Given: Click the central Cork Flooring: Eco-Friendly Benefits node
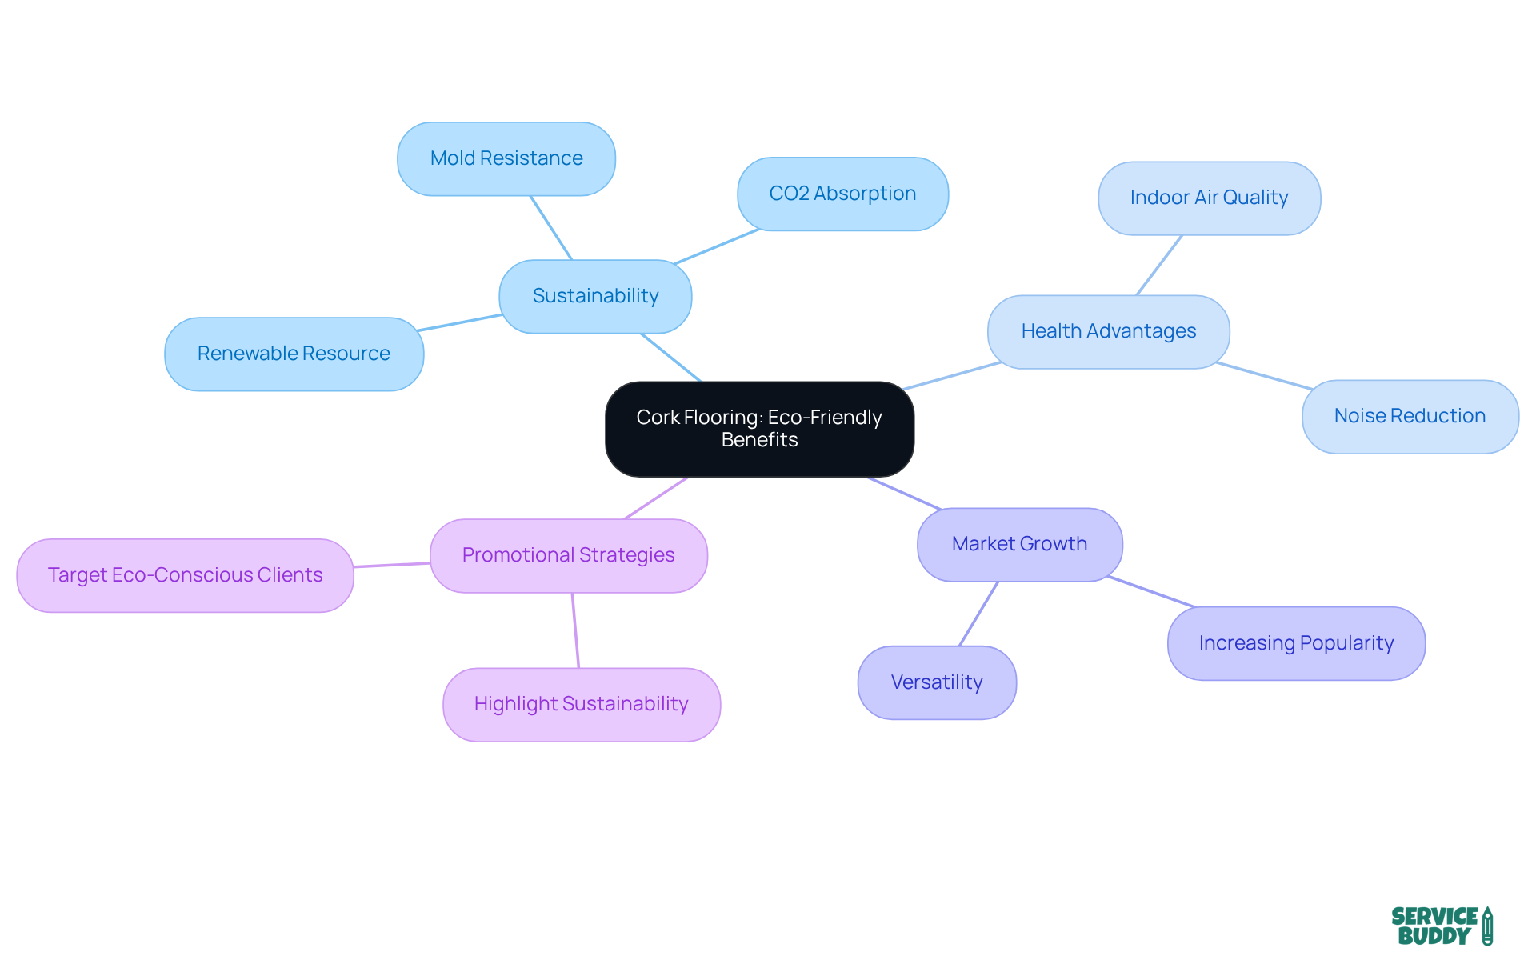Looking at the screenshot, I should [x=759, y=429].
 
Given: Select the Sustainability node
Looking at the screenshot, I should [x=595, y=296].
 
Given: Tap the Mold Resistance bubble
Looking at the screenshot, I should [x=506, y=158].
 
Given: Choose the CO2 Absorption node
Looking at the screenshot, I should [x=842, y=194].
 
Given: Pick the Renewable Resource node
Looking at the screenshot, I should [x=294, y=354].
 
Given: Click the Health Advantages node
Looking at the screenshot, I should [x=1108, y=331].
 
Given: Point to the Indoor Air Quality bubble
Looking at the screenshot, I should [x=1209, y=198].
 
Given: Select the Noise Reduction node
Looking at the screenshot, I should [x=1410, y=416].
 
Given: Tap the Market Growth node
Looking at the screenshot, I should [x=1019, y=544].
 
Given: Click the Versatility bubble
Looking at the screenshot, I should [x=937, y=682].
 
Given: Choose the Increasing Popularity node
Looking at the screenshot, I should [x=1296, y=643].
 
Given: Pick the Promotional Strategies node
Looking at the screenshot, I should [x=568, y=555].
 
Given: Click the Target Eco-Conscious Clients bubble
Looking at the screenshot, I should [x=185, y=575].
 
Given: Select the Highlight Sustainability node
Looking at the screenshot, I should [x=582, y=704].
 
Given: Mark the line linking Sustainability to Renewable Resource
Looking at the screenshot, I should [x=460, y=322].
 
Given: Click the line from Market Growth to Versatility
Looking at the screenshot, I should [x=979, y=614].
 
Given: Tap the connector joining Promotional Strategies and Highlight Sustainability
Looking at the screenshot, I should [x=575, y=630].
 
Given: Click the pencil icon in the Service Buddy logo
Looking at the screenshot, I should [x=1487, y=926].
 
